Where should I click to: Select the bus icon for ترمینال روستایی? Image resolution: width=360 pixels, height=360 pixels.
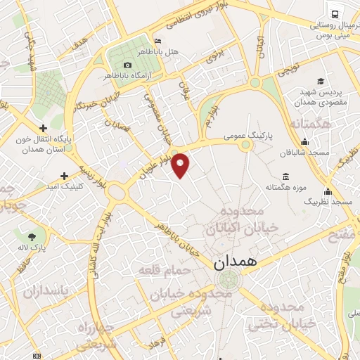point(333,14)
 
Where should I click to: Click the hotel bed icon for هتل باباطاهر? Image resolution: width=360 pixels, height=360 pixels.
point(157,41)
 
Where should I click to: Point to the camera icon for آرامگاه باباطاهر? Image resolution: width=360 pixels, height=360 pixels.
point(127,65)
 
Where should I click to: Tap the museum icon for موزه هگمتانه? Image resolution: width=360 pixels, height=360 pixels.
point(285,176)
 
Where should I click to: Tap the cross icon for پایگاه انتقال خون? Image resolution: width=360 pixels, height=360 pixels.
point(44,128)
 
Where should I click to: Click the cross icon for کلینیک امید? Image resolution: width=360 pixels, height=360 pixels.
point(64,175)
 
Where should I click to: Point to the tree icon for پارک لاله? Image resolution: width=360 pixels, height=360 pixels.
point(32,236)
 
